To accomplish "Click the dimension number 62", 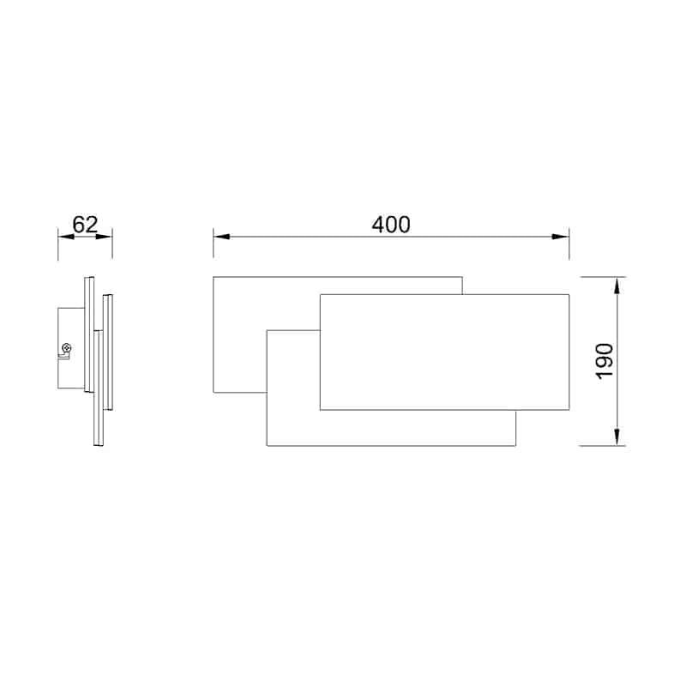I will click(85, 225).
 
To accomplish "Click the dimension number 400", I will click(391, 225).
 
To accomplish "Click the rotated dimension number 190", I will click(604, 361).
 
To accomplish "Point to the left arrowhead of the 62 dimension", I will click(63, 236).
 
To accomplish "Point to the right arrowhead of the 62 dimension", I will click(105, 236).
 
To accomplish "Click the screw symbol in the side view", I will click(65, 348).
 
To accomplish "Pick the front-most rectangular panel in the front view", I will click(444, 352).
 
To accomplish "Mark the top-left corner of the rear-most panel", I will click(214, 277).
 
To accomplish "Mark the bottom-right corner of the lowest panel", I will click(516, 446).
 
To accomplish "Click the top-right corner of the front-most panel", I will click(569, 294).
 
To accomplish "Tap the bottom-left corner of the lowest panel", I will click(268, 446).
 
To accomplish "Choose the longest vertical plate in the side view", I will click(89, 334).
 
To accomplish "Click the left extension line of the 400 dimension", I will click(214, 244).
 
